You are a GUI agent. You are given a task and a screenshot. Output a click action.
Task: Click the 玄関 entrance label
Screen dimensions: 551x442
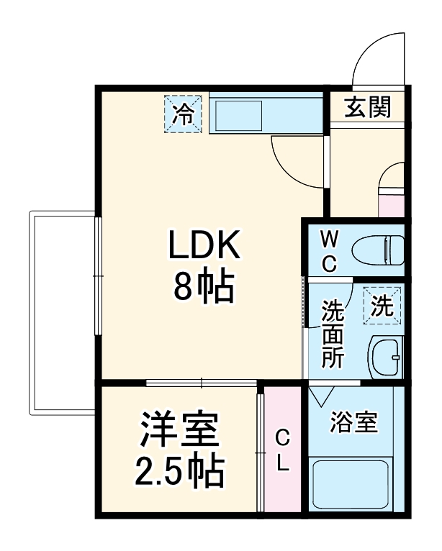click(367, 107)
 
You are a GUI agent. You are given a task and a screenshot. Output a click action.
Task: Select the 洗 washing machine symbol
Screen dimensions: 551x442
click(382, 307)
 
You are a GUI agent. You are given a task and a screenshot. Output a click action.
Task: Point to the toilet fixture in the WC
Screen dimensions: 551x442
click(377, 250)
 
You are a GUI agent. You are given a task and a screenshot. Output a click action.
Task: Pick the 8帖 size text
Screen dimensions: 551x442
click(203, 288)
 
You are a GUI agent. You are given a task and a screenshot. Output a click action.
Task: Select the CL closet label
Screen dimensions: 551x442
click(283, 450)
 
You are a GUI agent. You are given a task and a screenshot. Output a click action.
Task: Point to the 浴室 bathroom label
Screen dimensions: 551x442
click(353, 423)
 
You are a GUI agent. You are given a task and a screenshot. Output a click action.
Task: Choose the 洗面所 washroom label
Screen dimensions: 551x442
click(332, 334)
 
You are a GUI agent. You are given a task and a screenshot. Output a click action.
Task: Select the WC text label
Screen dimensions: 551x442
click(328, 250)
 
